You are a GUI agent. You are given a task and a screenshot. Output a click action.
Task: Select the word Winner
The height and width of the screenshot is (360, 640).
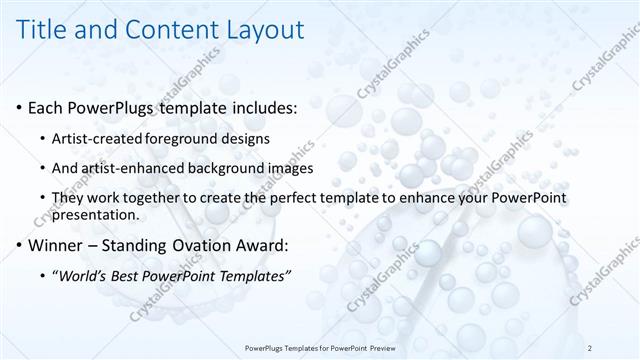tap(56, 245)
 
